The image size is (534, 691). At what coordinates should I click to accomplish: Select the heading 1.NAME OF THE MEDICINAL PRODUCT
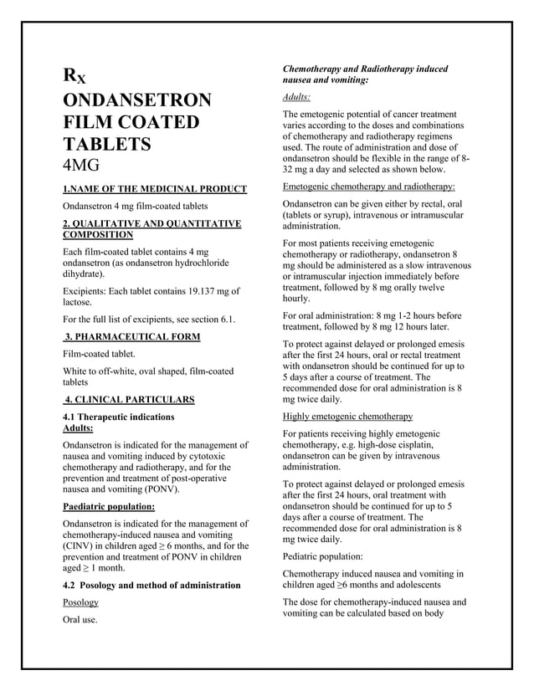[155, 188]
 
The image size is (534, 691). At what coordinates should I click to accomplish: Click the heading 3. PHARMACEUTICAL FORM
[132, 336]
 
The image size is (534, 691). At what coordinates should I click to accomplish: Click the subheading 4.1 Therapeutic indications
[119, 416]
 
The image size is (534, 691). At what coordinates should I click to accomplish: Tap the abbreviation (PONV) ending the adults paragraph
[157, 489]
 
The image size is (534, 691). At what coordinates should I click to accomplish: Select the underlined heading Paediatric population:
[109, 506]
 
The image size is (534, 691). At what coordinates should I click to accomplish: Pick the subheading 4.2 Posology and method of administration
[151, 585]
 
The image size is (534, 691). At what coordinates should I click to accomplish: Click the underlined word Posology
[81, 602]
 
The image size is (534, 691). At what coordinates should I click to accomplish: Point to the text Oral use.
[80, 620]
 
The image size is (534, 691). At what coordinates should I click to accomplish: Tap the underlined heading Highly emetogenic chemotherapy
[347, 416]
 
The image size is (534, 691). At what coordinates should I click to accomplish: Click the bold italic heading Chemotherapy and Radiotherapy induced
[366, 69]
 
